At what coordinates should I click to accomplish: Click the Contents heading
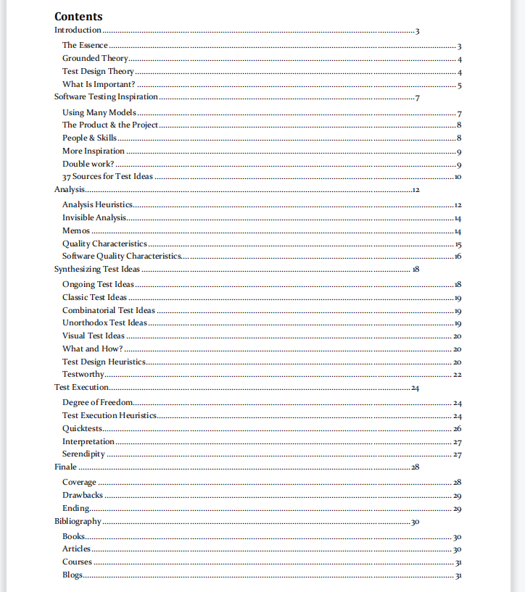(78, 17)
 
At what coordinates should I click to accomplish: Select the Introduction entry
(78, 30)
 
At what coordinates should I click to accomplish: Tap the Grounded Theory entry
(95, 59)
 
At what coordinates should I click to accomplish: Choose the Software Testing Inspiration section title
(106, 97)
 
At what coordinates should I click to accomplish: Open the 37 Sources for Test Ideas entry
(107, 177)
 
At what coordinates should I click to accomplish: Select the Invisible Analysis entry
(94, 217)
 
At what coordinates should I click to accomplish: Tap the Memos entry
(76, 230)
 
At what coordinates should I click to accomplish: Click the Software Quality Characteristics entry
(121, 256)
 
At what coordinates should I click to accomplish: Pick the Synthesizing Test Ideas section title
(97, 269)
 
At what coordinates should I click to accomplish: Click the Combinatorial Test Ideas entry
(109, 310)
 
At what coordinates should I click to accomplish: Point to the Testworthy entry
(83, 375)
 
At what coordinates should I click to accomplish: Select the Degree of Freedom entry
(98, 402)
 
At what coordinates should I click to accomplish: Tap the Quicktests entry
(82, 428)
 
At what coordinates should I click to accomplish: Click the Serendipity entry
(83, 454)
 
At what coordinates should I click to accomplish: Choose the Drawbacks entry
(83, 496)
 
